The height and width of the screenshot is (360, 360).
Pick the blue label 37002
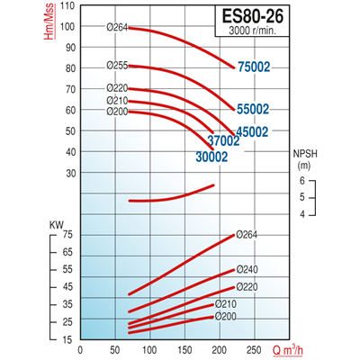[x=222, y=141]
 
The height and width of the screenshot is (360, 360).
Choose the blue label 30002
[x=211, y=156]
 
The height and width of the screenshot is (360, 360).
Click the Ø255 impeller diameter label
[x=116, y=65]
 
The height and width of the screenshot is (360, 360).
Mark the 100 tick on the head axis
[x=68, y=25]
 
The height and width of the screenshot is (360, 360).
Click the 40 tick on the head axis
[x=70, y=151]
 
